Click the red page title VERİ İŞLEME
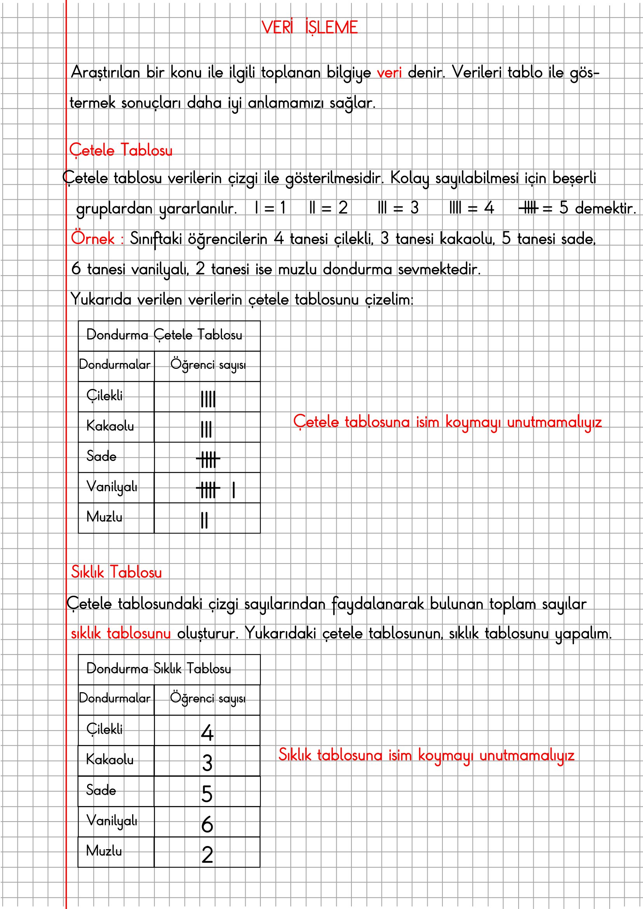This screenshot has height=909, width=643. coord(309,28)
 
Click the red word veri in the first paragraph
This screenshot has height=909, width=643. coord(389,73)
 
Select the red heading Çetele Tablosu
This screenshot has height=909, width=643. coord(121,150)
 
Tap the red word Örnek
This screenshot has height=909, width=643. coord(93,239)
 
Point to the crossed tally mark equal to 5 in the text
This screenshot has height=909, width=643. coord(529,208)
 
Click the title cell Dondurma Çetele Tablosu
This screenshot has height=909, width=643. coord(164,335)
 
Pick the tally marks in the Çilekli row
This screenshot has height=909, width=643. coord(208,399)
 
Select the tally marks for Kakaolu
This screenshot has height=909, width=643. coord(206,429)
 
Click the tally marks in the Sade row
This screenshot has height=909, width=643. coord(208,460)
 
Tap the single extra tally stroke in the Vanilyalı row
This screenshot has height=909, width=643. coord(234,490)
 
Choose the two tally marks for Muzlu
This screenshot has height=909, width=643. coord(204,520)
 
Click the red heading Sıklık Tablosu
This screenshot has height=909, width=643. coord(116,572)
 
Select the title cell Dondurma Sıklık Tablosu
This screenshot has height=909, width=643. coord(159,669)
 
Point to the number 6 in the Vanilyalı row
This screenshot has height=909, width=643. coord(207,825)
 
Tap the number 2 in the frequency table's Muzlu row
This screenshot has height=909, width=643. coord(207,855)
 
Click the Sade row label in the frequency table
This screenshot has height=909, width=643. coord(101,790)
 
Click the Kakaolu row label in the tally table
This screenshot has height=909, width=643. coord(110,426)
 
